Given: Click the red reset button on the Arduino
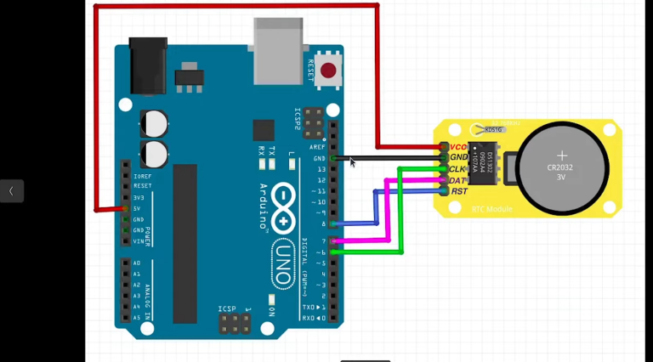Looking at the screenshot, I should pyautogui.click(x=328, y=71).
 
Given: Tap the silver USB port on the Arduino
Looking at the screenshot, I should pyautogui.click(x=277, y=48).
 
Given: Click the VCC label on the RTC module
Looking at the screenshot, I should pyautogui.click(x=458, y=147).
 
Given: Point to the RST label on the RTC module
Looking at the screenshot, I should pyautogui.click(x=459, y=191).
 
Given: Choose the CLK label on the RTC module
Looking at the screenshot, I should pyautogui.click(x=457, y=169).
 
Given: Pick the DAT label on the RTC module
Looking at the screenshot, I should pyautogui.click(x=457, y=180).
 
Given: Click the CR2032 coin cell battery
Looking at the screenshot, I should pyautogui.click(x=561, y=167).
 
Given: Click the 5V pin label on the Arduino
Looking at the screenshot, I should pyautogui.click(x=138, y=208).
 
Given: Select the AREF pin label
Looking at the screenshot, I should pyautogui.click(x=317, y=147).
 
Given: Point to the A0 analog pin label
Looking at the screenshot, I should pyautogui.click(x=137, y=263).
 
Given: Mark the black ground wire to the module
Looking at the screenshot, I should pyautogui.click(x=391, y=158).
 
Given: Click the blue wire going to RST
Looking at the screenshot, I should pyautogui.click(x=376, y=207).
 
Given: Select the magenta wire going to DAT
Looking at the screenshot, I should pyautogui.click(x=388, y=212).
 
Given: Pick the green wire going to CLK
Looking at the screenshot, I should pyautogui.click(x=400, y=212).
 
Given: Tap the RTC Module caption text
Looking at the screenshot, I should pyautogui.click(x=491, y=208).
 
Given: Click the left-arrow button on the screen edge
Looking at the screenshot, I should pyautogui.click(x=11, y=191).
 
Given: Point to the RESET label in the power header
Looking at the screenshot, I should pyautogui.click(x=142, y=185).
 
